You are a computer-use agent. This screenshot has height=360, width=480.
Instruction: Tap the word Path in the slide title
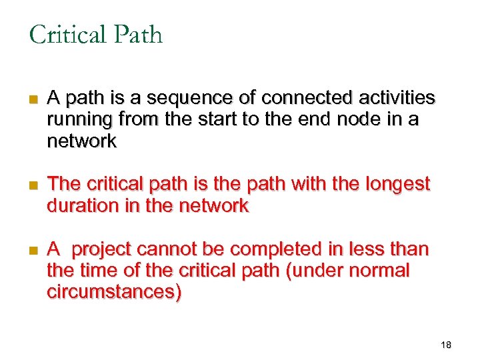[x=139, y=34]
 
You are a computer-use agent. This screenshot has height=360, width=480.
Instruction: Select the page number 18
[x=446, y=345]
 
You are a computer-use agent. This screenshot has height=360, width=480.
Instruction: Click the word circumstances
[x=113, y=292]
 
